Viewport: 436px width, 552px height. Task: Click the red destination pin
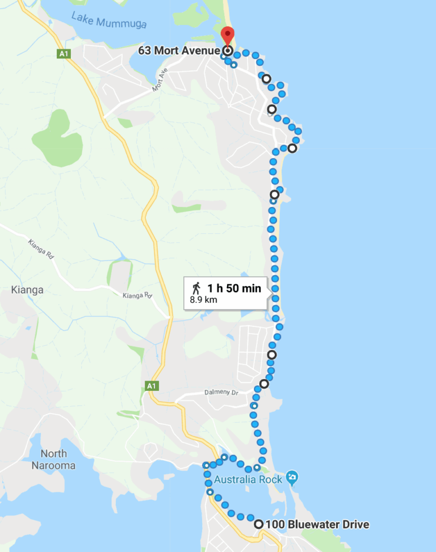point(227,36)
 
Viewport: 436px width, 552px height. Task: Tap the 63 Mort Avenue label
point(179,51)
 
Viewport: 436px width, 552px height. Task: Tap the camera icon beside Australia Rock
point(292,477)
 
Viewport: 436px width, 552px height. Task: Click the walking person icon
point(196,288)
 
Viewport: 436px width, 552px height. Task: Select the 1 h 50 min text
point(234,288)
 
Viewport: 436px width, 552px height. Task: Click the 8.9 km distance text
point(203,300)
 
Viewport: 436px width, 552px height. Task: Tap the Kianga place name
point(27,290)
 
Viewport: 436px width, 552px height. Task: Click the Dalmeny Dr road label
point(223,393)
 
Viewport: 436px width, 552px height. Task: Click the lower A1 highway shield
point(150,386)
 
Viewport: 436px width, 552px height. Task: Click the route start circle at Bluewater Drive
point(259,524)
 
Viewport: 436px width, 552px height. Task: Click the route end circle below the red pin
point(227,51)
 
